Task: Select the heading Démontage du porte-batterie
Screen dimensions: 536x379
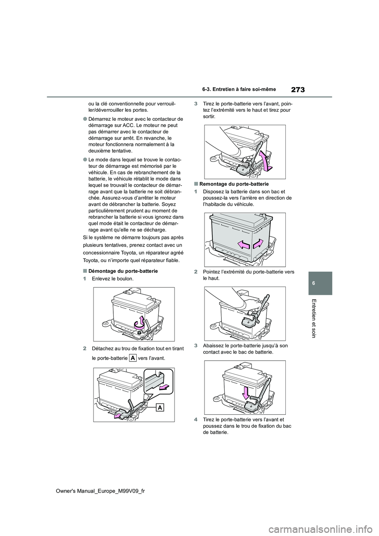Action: [122, 271]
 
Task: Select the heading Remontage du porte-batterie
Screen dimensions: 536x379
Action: [233, 184]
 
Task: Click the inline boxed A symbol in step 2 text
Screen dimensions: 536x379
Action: [133, 358]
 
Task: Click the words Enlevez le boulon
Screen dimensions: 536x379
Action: [113, 279]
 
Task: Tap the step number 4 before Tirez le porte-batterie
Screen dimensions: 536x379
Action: [196, 420]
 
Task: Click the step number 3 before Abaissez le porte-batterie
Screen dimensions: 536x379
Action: [196, 346]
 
